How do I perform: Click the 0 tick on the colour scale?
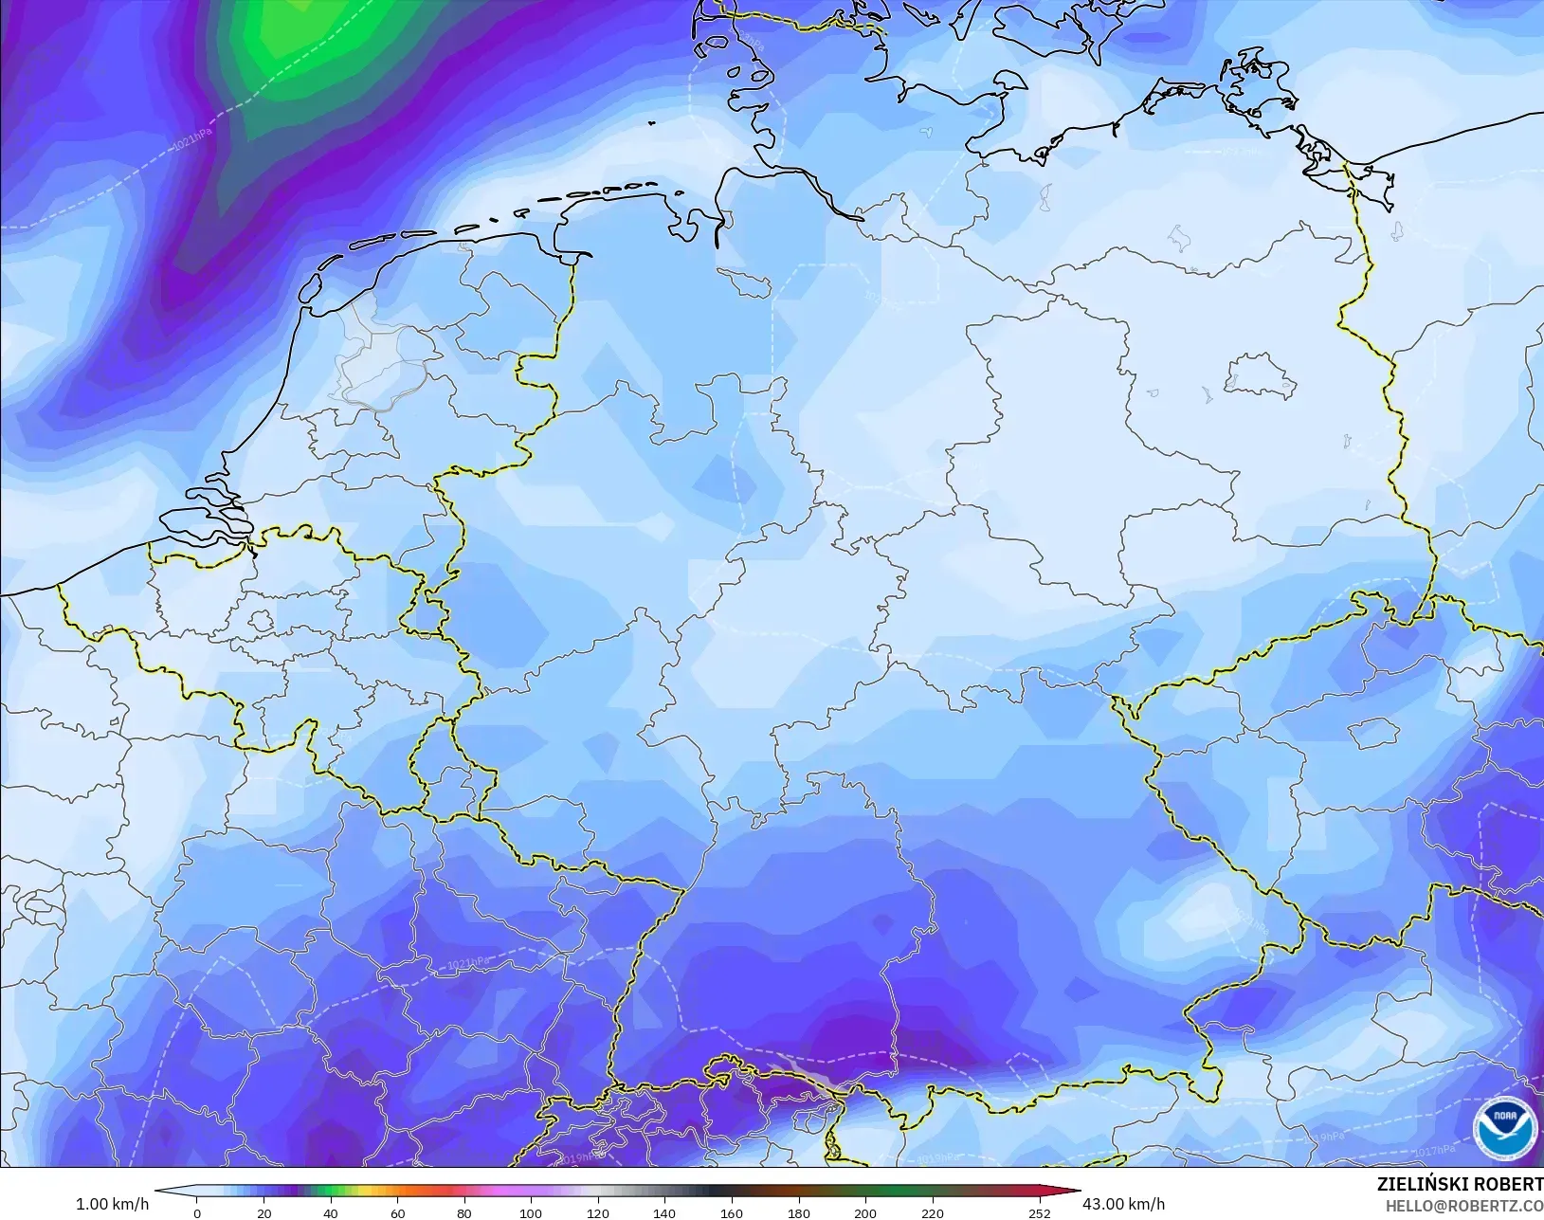point(197,1213)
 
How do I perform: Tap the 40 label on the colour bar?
point(330,1213)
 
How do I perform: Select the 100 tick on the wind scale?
point(531,1213)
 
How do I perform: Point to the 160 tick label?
point(731,1213)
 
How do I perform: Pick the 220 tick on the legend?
point(932,1213)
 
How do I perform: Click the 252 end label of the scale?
point(1040,1213)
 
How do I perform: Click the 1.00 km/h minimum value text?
point(112,1204)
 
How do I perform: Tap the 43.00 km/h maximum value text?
point(1124,1204)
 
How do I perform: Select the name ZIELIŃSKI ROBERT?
point(1460,1185)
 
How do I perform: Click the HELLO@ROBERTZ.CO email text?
point(1464,1206)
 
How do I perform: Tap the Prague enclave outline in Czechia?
point(1372,731)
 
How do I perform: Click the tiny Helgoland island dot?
point(652,121)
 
